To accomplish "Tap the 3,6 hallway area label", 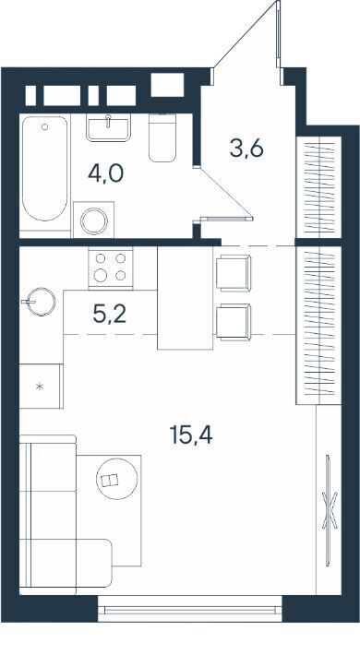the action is coord(246,148).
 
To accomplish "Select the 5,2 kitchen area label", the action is coord(110,315).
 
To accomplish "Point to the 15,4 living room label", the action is coord(191,435).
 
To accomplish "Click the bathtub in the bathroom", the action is coord(44,168).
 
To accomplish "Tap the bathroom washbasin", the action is coord(108,127).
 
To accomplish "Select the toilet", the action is coord(162,137).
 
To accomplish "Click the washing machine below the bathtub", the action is coord(93,220).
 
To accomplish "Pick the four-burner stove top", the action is coord(111,268).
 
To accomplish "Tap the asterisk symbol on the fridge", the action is coord(40,387).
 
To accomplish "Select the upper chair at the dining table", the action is coord(234,273).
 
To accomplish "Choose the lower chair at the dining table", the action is coord(234,322).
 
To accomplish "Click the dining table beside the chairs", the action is coord(186,297).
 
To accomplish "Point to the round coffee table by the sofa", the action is coord(116,479).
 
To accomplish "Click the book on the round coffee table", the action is coord(110,481).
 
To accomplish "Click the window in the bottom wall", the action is coord(190,610).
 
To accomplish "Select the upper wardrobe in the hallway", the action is coord(319,186).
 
